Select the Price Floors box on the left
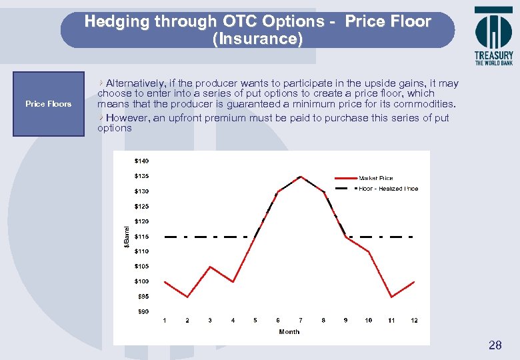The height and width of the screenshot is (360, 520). pos(49,104)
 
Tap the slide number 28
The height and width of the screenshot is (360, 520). pos(495,345)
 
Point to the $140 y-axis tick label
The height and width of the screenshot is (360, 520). pos(141,161)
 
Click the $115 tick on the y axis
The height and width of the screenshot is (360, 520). pos(141,237)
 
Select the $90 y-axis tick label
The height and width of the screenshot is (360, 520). pos(143,311)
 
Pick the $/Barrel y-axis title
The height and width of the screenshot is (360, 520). pos(127,236)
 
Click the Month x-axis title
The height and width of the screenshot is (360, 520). pos(289,331)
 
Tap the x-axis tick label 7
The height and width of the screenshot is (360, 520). pos(301,321)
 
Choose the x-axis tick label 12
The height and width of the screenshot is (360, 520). pos(414,321)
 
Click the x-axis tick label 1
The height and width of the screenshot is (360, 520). pos(165,321)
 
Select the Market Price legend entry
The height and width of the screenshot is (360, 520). pos(376,178)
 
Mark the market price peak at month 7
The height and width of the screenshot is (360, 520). pos(301,177)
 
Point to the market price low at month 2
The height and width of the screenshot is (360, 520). pos(187,297)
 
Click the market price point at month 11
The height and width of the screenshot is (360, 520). pos(391,297)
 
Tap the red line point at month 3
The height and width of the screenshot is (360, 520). pos(210,267)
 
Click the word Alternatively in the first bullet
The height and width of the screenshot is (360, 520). pos(137,83)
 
